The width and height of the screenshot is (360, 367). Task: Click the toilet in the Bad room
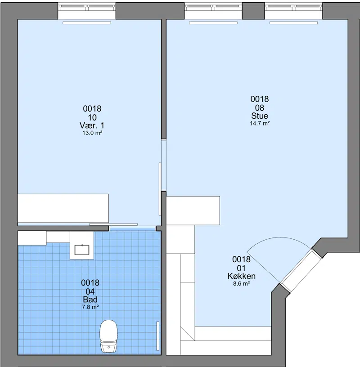(108, 336)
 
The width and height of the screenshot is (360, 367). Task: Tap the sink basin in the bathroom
(82, 250)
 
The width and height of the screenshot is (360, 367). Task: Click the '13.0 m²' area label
(92, 133)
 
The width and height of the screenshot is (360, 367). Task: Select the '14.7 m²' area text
(260, 123)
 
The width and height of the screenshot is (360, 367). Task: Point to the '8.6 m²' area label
(242, 284)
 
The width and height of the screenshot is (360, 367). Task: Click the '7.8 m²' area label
(90, 307)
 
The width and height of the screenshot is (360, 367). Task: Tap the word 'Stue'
(260, 116)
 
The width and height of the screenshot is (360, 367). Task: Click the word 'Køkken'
(242, 276)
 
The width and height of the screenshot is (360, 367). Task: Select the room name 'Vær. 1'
(92, 125)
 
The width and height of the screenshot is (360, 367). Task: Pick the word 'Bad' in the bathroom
(90, 300)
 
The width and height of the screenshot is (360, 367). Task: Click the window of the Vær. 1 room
(87, 8)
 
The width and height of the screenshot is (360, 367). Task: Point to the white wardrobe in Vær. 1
(63, 208)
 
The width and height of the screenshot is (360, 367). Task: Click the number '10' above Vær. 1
(92, 117)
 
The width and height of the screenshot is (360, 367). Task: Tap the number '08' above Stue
(260, 107)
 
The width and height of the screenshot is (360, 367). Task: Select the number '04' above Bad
(90, 291)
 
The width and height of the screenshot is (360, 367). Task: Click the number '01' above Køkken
(242, 268)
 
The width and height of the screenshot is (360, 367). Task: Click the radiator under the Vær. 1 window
(87, 23)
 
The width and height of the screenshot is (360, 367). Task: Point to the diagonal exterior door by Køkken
(301, 271)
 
